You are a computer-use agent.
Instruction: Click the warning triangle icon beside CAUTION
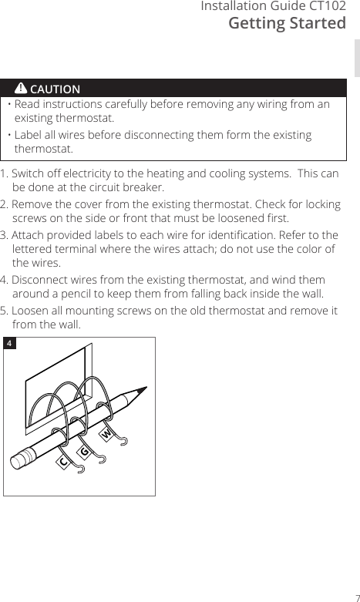point(21,89)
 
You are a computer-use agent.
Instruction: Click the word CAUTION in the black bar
point(55,89)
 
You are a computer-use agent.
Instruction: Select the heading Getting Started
point(288,24)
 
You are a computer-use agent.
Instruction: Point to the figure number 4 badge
point(10,342)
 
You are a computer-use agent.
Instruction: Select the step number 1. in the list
point(5,173)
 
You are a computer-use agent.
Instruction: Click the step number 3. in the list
point(5,234)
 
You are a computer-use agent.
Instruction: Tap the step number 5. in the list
point(5,311)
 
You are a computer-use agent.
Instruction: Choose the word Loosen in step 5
point(33,311)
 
